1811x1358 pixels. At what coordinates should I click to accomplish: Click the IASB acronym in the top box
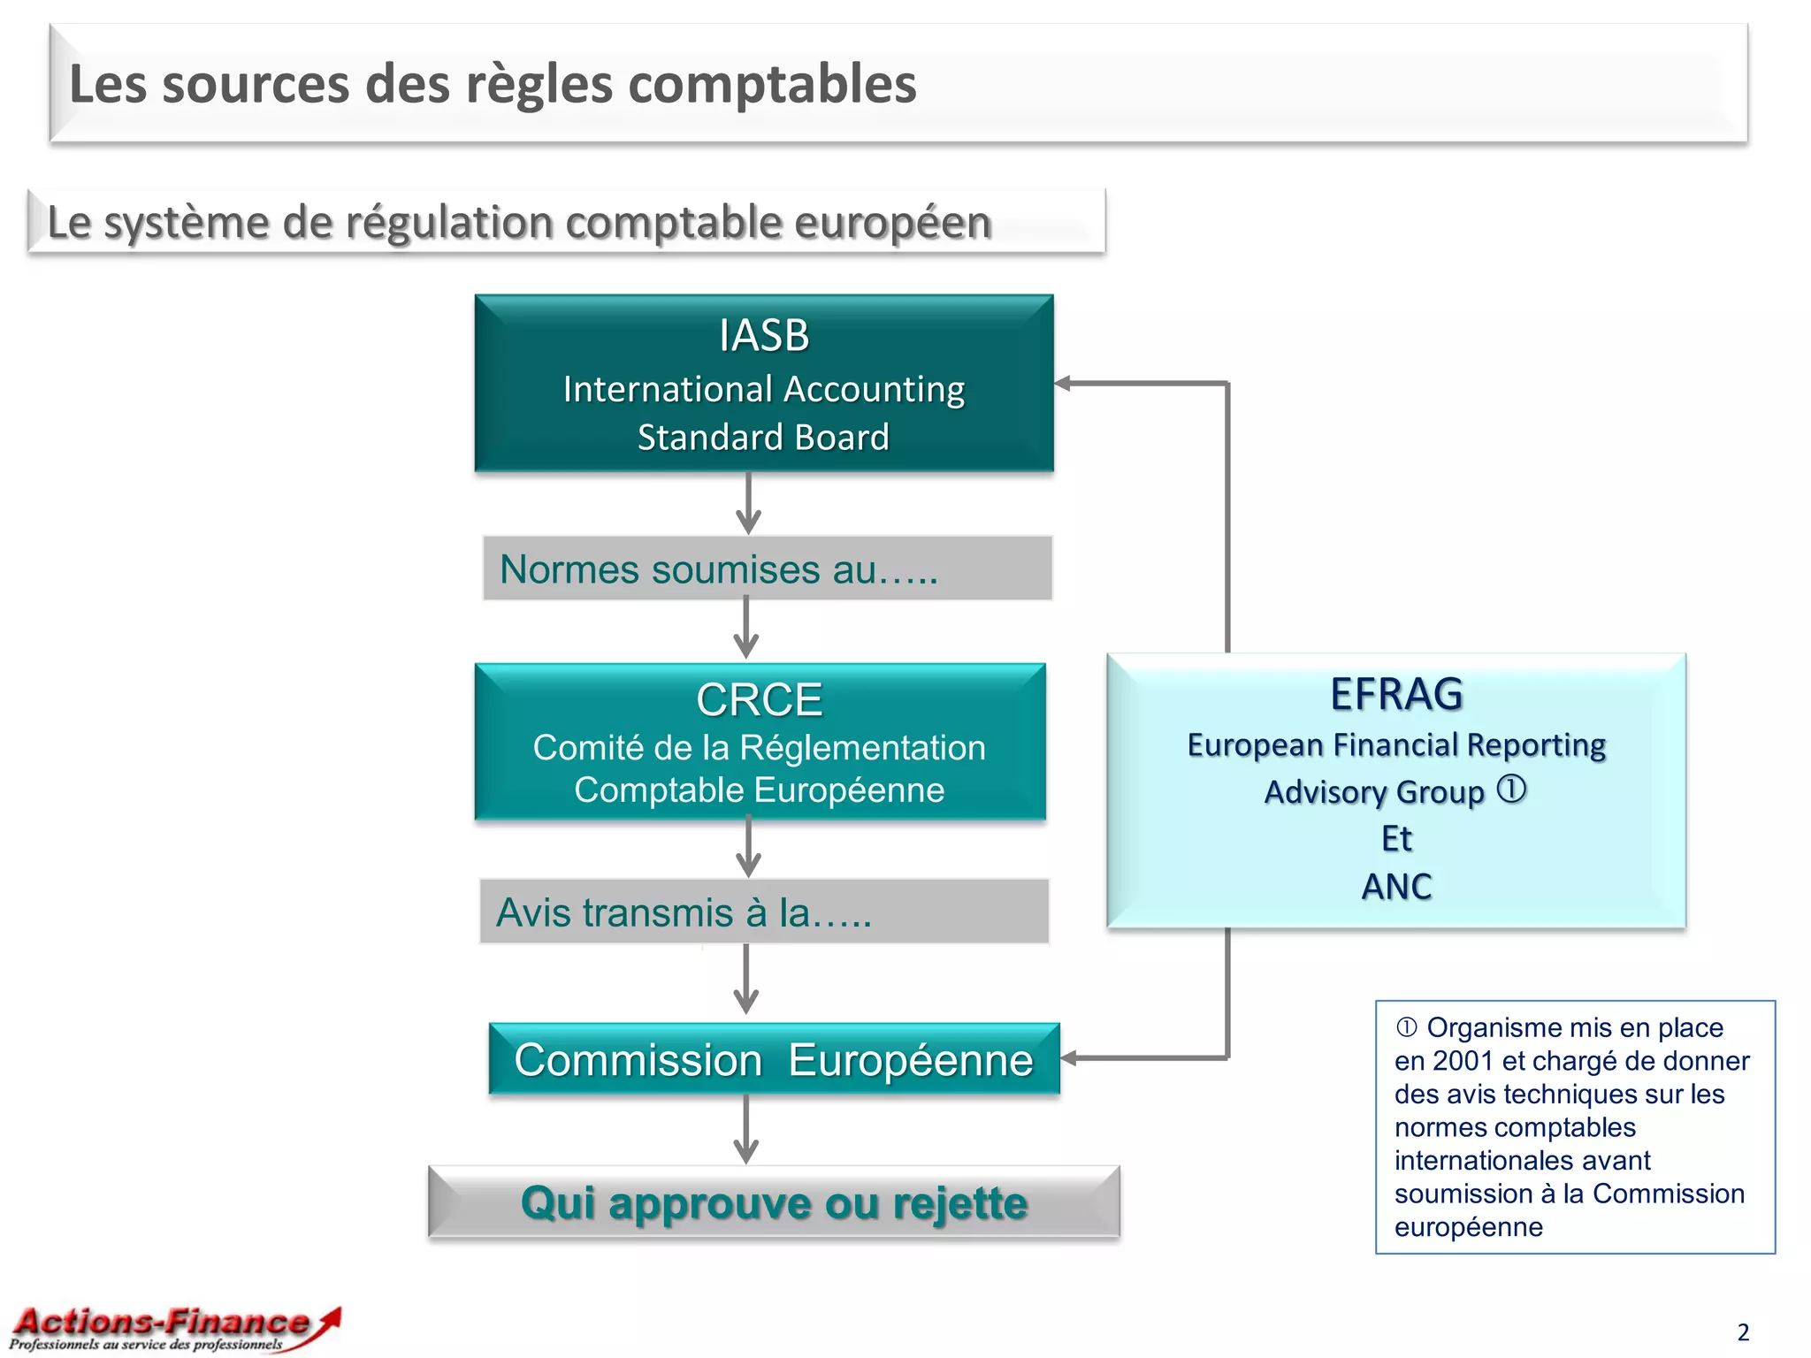764,336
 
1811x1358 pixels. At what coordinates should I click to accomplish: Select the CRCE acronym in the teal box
759,700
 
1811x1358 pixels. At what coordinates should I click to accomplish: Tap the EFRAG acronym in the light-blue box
1396,694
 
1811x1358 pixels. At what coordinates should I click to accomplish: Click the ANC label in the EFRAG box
1396,886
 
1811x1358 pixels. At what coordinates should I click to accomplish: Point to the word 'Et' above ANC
1396,838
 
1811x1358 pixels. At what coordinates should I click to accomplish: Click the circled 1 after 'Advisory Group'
1511,789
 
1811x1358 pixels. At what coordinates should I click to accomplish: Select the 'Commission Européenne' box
774,1059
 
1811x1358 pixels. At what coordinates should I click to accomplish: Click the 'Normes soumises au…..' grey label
767,568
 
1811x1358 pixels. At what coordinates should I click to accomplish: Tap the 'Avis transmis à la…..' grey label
764,912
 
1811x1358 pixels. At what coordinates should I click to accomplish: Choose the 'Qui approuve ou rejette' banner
774,1202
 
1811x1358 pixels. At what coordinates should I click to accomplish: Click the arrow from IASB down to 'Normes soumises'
748,504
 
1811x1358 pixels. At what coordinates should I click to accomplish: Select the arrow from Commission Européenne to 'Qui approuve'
746,1131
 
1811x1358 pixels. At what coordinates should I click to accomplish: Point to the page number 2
1743,1331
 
